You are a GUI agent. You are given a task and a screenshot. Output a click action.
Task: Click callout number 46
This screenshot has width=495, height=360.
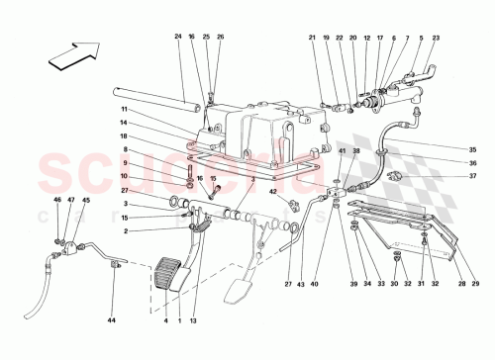[x=56, y=201]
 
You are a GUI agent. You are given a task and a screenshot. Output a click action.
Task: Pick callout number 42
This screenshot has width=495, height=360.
[x=271, y=193]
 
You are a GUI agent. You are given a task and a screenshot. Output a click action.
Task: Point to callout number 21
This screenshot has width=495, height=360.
[x=311, y=38]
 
